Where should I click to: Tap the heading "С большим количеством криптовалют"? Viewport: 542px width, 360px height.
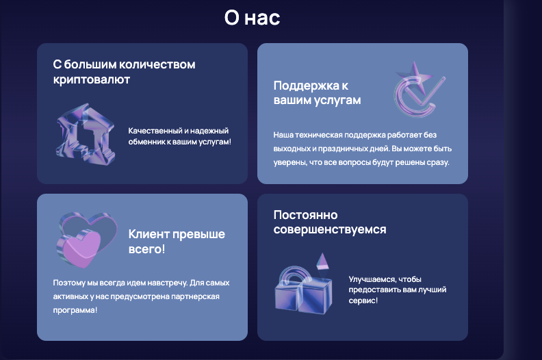[x=124, y=72]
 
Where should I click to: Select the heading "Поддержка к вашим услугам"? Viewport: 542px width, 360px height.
[x=317, y=93]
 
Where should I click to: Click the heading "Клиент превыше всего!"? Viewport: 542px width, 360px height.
[x=177, y=242]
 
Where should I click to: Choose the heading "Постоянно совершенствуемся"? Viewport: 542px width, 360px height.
[x=329, y=222]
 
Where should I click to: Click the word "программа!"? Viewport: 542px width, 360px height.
[x=75, y=310]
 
